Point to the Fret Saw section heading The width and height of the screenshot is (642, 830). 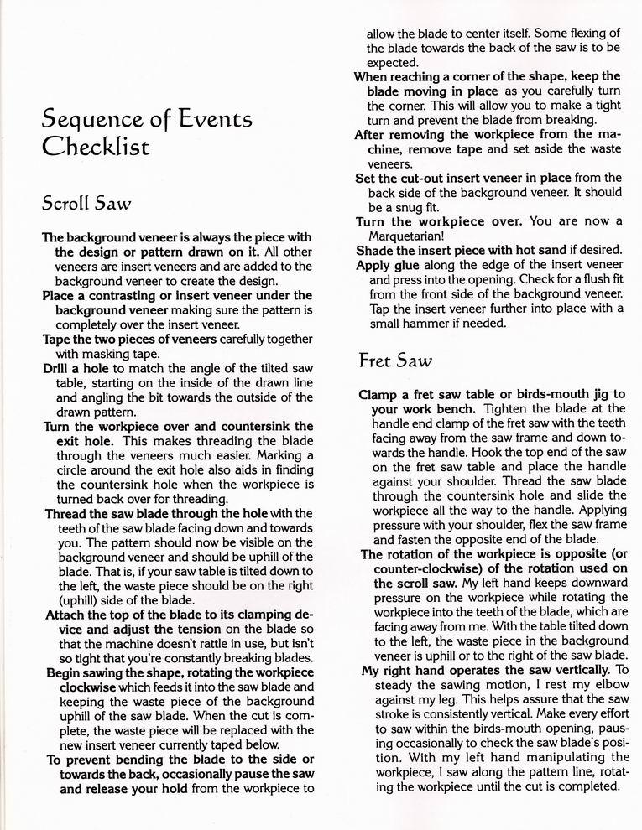(395, 361)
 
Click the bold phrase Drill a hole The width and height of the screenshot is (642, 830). (75, 368)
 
